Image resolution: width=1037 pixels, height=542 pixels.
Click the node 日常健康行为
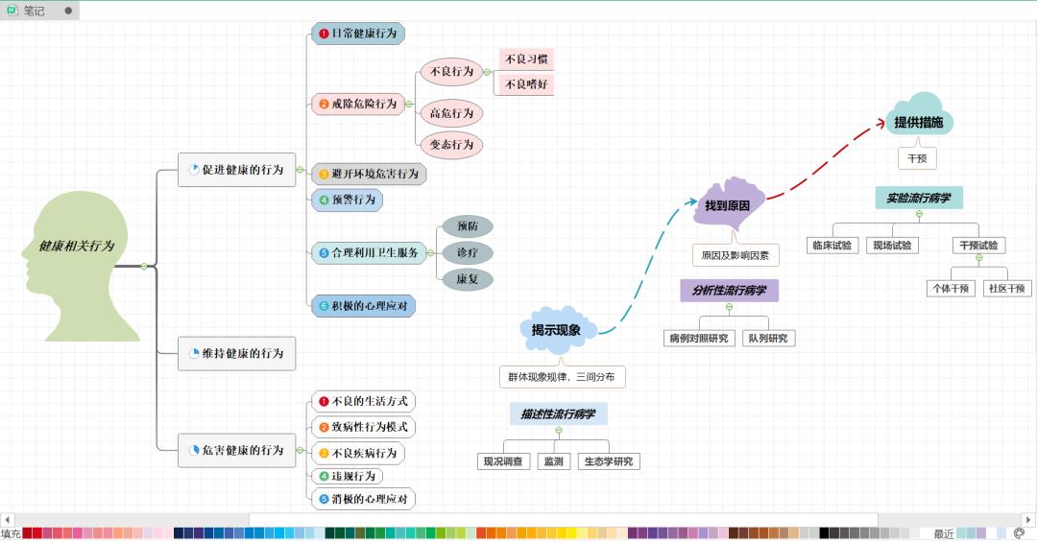coord(358,34)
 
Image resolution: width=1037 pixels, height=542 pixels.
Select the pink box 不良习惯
coord(525,59)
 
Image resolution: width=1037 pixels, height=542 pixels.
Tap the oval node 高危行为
coord(451,113)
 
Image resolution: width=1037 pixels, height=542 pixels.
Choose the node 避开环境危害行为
coord(369,175)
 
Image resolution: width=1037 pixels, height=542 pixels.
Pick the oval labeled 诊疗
coord(468,252)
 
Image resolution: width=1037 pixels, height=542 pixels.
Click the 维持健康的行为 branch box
coord(236,353)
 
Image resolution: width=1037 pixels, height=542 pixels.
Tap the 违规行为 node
coord(347,476)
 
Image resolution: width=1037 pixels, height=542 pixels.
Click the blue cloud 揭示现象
coord(557,330)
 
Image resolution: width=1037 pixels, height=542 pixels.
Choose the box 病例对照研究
coord(699,339)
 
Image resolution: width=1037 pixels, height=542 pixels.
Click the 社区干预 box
coord(1006,288)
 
